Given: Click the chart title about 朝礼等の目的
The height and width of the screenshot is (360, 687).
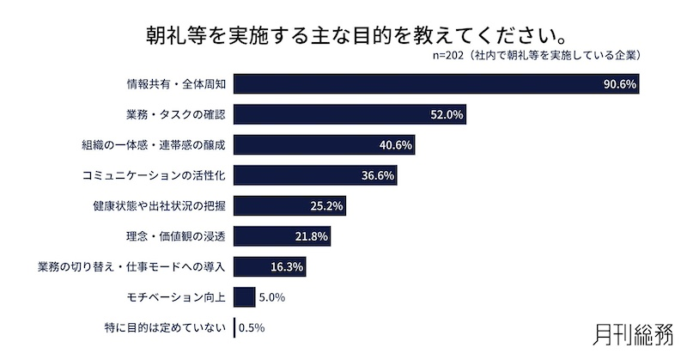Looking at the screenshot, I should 344,36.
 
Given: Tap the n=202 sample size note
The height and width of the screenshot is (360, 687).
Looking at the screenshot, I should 540,56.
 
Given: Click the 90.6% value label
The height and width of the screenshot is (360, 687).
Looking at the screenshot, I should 618,84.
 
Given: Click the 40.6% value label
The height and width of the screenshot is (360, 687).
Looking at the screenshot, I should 396,145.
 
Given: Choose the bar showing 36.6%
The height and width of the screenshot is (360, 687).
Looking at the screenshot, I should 292,175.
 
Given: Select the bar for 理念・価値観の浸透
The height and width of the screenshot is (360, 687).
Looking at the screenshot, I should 266,236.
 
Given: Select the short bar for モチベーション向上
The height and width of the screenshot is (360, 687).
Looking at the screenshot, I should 244,297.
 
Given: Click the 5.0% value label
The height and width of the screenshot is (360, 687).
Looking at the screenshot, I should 272,297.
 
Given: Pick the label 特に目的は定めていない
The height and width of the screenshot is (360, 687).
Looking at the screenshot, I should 164,327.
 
